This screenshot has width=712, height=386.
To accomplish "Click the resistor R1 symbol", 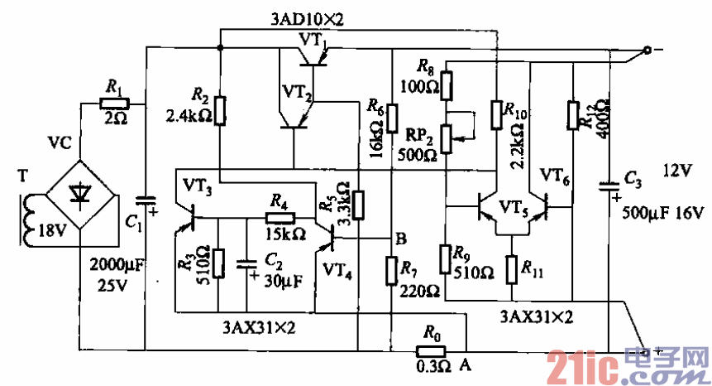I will tap(114, 103).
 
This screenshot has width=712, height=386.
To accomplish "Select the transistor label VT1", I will tap(313, 39).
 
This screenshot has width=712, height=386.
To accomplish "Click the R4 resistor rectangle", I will tap(279, 218).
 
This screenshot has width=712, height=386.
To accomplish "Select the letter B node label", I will tap(401, 240).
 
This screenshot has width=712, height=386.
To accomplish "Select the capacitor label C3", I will tap(633, 177).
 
